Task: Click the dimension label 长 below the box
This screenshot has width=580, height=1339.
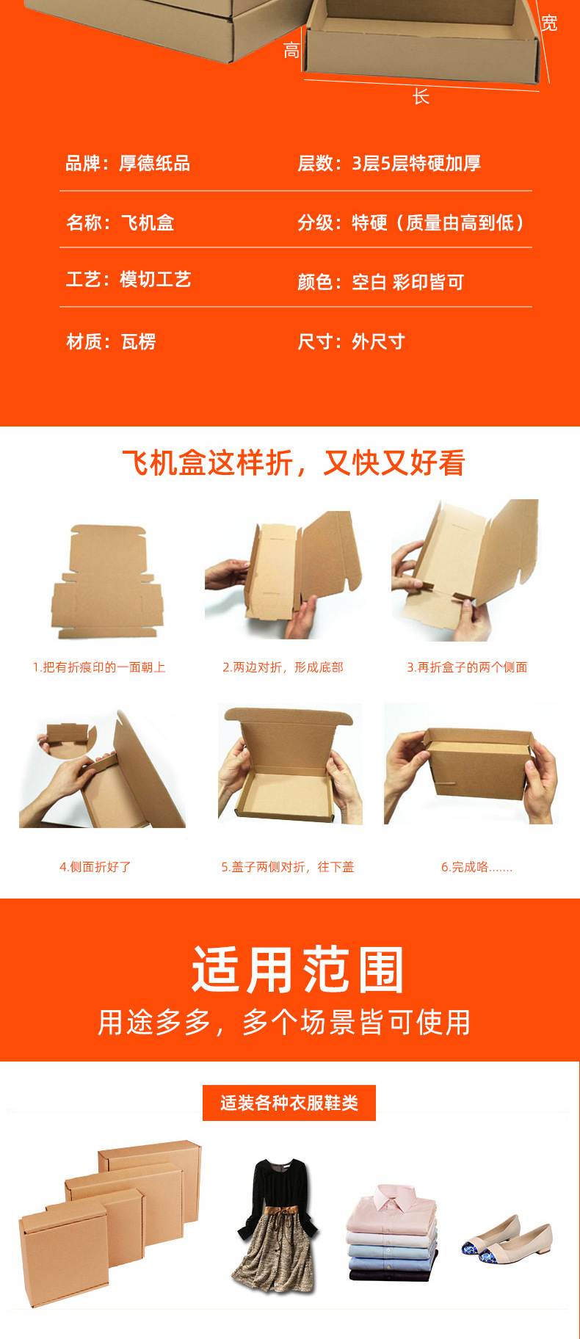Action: [421, 96]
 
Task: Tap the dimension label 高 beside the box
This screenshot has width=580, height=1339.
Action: [291, 51]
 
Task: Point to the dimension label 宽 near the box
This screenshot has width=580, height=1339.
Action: [549, 23]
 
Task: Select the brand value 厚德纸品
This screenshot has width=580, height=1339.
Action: [155, 163]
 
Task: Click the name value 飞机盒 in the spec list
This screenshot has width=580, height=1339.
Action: [147, 222]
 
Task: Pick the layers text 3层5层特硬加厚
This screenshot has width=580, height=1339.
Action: [416, 163]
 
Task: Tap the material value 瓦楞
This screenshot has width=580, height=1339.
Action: [138, 341]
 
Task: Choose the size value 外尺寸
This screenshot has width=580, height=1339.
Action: [378, 341]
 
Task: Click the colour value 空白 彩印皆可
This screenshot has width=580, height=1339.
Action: [407, 282]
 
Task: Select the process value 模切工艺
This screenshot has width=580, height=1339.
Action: [155, 279]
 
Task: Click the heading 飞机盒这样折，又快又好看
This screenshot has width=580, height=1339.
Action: [294, 462]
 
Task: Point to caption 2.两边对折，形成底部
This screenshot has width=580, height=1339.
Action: [283, 667]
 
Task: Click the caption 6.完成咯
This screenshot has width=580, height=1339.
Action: [476, 867]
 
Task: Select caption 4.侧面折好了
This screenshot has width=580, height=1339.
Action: [95, 867]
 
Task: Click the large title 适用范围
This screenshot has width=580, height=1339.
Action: [298, 970]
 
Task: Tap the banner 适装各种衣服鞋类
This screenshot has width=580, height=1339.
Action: [289, 1103]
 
